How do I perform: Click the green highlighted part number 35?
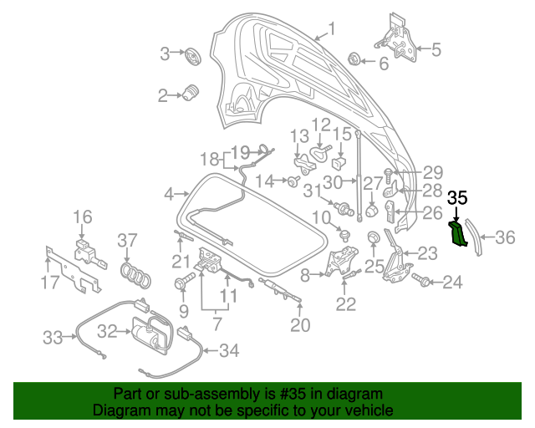point(459,235)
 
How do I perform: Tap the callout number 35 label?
point(457,198)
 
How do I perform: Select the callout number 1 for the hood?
point(330,31)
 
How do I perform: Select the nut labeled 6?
point(354,59)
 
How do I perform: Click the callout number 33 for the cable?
point(53,338)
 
